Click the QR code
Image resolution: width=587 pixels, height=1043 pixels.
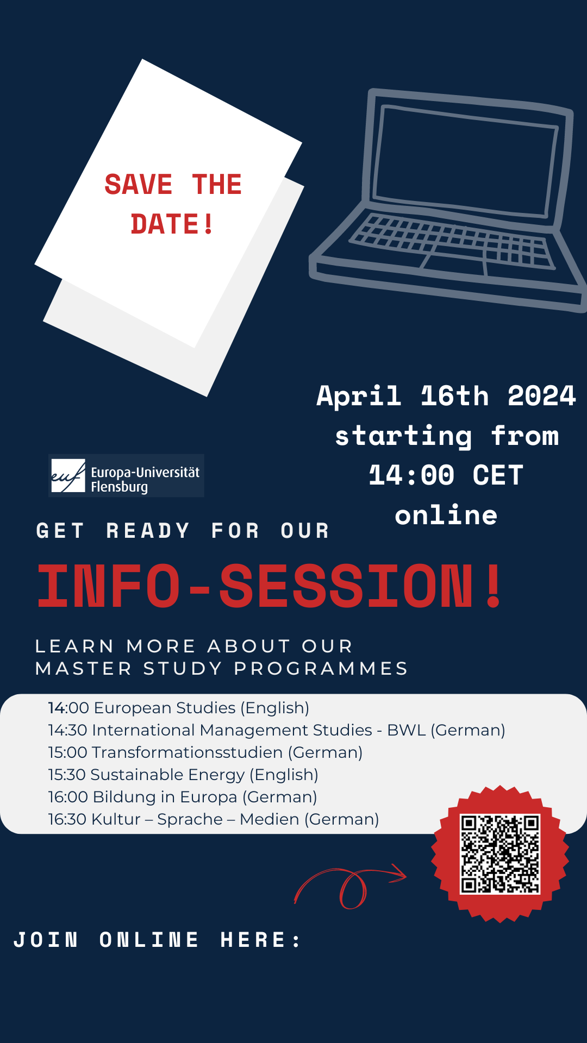coord(500,854)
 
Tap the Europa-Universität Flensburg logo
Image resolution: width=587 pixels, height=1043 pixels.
coord(126,476)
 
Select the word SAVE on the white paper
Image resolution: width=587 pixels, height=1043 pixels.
coord(139,185)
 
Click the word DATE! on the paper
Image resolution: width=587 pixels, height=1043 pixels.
coord(172,224)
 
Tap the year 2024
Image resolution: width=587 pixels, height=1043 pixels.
coord(541,395)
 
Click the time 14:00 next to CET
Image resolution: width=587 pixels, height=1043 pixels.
coord(411,475)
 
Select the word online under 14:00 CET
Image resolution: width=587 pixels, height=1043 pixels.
coord(446,515)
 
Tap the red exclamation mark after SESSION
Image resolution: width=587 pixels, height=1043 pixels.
coord(494,586)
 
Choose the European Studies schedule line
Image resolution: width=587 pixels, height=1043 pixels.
coord(179,708)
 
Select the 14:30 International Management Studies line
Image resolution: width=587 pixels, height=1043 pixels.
coord(277,730)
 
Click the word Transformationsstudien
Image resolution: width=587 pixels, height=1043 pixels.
coord(188,752)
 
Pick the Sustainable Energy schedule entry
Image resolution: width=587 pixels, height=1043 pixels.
coord(183,775)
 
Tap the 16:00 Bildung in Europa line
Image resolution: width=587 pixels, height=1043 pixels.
coord(183,797)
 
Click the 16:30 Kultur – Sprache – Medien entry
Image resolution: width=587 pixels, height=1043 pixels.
coord(214,819)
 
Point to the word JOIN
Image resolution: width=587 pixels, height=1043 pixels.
coord(46,940)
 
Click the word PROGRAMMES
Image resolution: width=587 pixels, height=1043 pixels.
coord(321,668)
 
